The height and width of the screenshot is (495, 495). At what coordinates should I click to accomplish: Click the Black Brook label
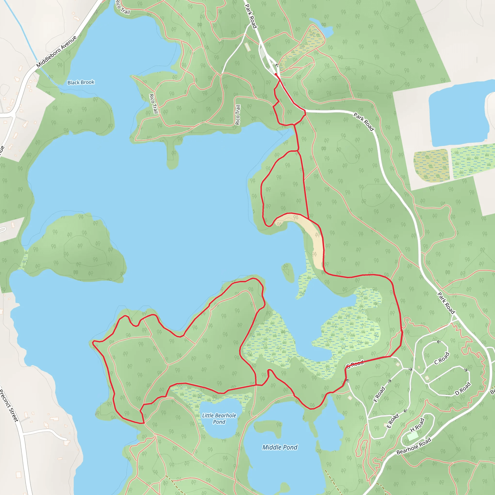coord(81,82)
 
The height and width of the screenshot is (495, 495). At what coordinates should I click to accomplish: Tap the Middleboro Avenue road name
coord(56,52)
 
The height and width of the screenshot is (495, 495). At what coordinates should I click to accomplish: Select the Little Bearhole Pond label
coord(219,418)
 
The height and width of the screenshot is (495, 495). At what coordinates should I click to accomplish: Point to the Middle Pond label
coord(280,447)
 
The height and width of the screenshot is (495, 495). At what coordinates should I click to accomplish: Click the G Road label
coord(355,364)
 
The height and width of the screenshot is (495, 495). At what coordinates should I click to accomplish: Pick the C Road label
coord(442,358)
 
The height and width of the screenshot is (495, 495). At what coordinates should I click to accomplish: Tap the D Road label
coord(463,389)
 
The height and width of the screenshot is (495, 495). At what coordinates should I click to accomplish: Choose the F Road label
coord(379,394)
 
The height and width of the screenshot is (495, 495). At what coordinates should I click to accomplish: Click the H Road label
coord(417,425)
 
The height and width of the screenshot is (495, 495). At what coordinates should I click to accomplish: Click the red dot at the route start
coord(276,74)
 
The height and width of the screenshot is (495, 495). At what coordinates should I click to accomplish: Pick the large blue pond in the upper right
coord(459,113)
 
